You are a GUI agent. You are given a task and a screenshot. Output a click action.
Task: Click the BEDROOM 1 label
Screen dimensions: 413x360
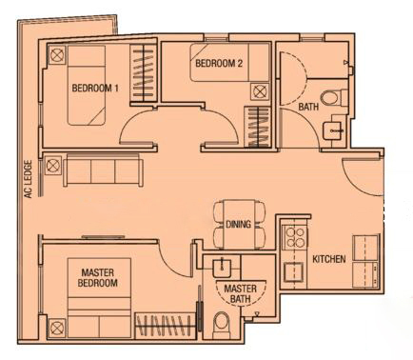click(95, 88)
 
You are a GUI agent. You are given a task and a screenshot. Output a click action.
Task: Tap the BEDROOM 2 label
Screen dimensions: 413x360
click(219, 63)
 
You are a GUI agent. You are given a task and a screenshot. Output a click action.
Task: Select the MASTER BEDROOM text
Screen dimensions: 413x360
click(98, 277)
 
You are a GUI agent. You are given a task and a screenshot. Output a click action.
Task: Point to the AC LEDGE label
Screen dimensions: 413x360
click(29, 179)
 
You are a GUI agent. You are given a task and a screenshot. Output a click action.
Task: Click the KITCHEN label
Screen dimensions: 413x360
click(329, 259)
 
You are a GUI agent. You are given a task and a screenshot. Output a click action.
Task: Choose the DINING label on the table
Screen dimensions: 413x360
click(238, 224)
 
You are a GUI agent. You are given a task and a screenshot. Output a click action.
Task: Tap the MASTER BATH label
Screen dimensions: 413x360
click(240, 293)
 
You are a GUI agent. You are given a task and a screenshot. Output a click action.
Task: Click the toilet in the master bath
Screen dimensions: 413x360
click(221, 325)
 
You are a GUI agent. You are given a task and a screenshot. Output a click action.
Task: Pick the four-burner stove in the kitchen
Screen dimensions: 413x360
click(295, 237)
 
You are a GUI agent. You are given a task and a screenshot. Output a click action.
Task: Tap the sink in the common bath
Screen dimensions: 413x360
click(334, 130)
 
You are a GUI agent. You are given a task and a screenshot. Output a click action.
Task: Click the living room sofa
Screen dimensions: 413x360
click(103, 170)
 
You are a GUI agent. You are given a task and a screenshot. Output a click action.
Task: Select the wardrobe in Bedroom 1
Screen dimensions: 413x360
click(143, 72)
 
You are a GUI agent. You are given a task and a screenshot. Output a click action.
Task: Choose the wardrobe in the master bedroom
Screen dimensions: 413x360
click(165, 326)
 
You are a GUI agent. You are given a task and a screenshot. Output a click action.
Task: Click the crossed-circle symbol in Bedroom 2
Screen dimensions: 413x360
click(260, 92)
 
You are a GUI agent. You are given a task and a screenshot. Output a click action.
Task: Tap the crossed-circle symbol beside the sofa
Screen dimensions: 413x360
click(53, 165)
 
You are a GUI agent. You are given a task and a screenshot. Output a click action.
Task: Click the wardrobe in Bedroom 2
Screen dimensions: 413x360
click(257, 127)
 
